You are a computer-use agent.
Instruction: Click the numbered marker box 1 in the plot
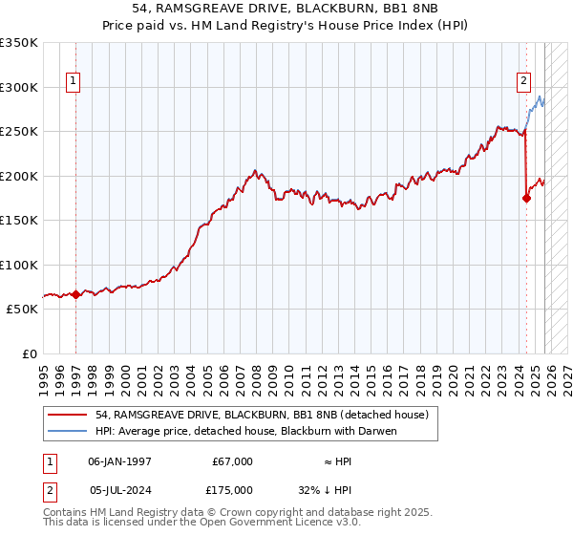74,82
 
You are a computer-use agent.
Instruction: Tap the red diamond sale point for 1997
75,294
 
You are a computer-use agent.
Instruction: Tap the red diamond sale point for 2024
526,199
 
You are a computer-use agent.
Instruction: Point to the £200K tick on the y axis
19,176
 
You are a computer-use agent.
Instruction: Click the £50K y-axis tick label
21,310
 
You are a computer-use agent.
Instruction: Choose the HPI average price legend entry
245,431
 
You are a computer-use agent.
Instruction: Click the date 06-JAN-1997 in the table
119,461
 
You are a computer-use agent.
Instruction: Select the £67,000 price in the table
232,461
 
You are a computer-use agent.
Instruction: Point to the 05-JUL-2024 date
119,490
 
